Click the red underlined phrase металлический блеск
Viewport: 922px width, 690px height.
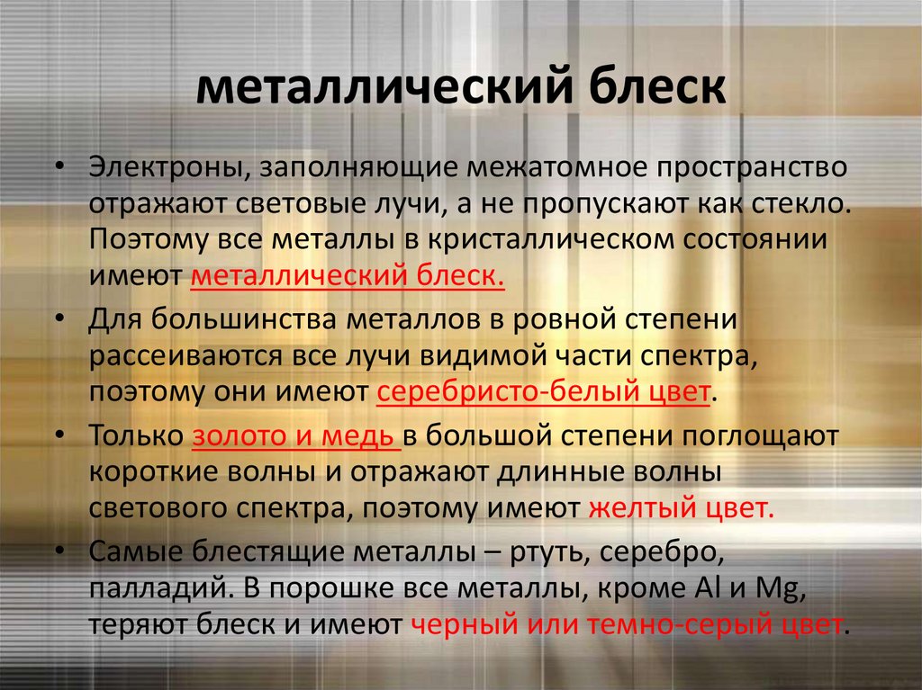[348, 275]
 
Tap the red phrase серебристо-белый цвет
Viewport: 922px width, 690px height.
[544, 393]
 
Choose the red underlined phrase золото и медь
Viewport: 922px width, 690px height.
[296, 436]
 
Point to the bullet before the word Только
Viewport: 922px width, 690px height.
[59, 436]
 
